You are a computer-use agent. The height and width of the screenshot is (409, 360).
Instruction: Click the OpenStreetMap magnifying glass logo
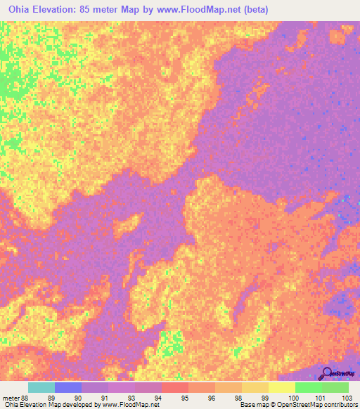point(327,373)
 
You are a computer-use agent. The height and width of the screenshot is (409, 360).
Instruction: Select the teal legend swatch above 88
point(41,387)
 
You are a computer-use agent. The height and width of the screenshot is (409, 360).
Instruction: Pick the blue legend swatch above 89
point(67,387)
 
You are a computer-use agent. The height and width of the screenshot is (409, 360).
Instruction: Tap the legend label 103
point(342,397)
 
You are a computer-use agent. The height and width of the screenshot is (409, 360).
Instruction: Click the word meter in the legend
point(11,397)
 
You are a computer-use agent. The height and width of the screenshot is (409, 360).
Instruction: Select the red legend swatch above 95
point(174,387)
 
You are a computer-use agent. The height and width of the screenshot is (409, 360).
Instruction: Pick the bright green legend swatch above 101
point(308,387)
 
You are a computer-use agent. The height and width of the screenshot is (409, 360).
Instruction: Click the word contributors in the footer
point(338,405)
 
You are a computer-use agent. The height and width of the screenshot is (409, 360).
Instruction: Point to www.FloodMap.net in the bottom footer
point(129,405)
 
